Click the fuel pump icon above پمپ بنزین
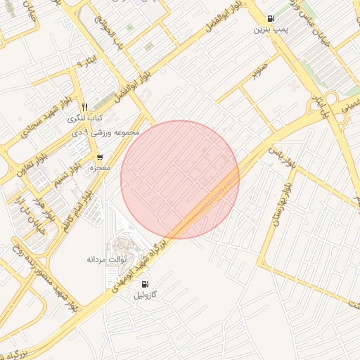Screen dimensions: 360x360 271,18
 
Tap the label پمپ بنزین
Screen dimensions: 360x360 271,30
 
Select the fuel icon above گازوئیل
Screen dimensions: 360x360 145,284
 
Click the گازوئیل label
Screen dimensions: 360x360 148,296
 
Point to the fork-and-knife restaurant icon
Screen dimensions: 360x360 84,106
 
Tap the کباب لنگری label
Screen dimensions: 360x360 85,117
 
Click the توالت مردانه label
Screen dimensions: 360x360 105,259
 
